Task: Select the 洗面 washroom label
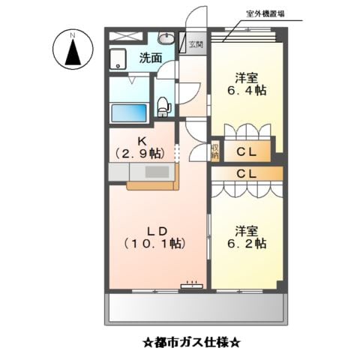click(150, 57)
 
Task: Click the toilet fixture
click(164, 106)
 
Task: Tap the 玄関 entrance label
click(195, 44)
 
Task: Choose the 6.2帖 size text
click(246, 244)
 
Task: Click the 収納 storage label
click(214, 151)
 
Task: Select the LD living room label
click(155, 230)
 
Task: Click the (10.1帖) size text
click(155, 244)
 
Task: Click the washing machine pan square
click(120, 59)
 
